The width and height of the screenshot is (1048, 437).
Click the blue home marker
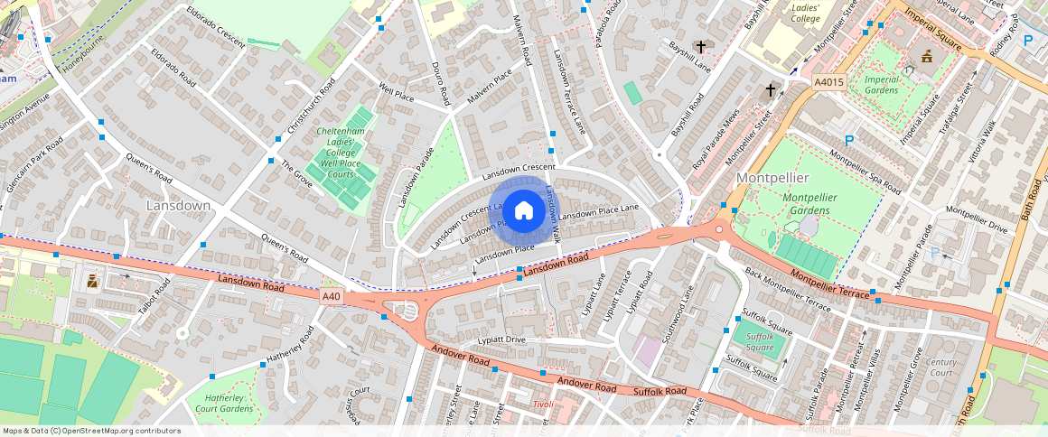[523, 211]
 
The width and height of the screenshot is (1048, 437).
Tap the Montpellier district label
[772, 177]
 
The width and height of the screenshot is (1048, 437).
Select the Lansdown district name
[178, 206]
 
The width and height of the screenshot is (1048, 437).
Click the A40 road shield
[332, 296]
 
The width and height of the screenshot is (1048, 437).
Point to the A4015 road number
[828, 81]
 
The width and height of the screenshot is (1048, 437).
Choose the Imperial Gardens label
[882, 85]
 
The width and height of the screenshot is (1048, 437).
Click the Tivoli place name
[543, 404]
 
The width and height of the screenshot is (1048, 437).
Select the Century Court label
[940, 367]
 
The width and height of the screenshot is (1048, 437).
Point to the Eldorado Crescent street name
[216, 28]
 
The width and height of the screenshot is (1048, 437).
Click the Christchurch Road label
[310, 109]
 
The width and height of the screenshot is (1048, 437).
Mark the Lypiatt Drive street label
[501, 340]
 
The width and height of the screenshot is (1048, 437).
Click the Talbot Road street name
[154, 300]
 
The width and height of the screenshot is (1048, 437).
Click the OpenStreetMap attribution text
[92, 431]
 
